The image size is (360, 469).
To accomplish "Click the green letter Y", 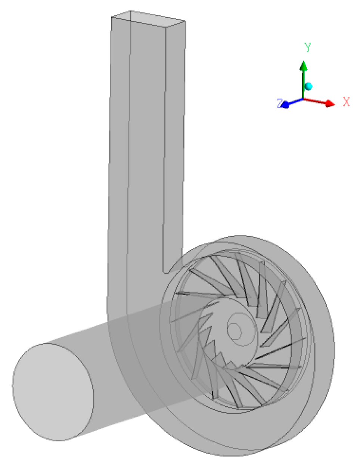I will (308, 47).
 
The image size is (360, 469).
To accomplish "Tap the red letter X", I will (346, 101).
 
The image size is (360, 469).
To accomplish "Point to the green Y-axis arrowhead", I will (304, 66).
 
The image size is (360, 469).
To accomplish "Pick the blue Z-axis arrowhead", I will (285, 105).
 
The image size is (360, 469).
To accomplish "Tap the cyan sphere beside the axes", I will (308, 87).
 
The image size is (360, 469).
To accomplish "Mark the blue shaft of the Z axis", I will (295, 102).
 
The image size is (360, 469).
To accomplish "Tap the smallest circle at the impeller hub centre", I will (235, 330).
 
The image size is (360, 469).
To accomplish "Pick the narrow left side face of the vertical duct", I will (120, 149).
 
